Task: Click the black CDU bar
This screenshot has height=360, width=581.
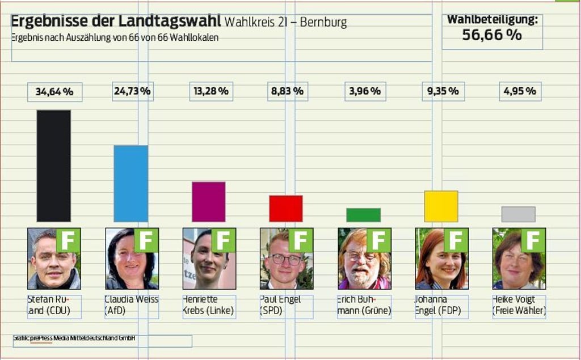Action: tap(54, 166)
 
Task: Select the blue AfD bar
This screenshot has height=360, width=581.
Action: tap(130, 183)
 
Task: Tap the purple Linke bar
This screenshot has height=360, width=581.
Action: tap(208, 201)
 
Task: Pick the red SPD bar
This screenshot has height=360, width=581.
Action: tap(285, 208)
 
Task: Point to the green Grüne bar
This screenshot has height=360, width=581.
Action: tap(363, 215)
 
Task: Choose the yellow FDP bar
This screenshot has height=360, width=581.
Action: tap(441, 206)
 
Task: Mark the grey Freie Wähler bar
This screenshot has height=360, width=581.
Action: tap(518, 214)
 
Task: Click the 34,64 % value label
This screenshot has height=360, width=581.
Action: tap(54, 91)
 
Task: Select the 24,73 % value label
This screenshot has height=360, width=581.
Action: tap(132, 91)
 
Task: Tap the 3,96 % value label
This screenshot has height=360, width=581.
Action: tap(365, 91)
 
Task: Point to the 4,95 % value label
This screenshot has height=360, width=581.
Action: tap(520, 91)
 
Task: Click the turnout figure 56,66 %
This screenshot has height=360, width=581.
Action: tap(491, 35)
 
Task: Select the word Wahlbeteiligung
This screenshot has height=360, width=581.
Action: tap(492, 20)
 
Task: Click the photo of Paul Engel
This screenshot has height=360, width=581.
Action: tap(286, 259)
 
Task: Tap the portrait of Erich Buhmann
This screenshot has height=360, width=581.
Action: tap(364, 259)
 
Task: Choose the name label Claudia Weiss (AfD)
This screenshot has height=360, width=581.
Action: tap(132, 305)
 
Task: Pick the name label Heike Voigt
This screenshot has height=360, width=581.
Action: tap(519, 305)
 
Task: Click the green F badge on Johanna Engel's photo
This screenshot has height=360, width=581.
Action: tap(456, 240)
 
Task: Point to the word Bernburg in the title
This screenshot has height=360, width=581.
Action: tap(323, 23)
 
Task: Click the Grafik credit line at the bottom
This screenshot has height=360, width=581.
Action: tap(74, 338)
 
